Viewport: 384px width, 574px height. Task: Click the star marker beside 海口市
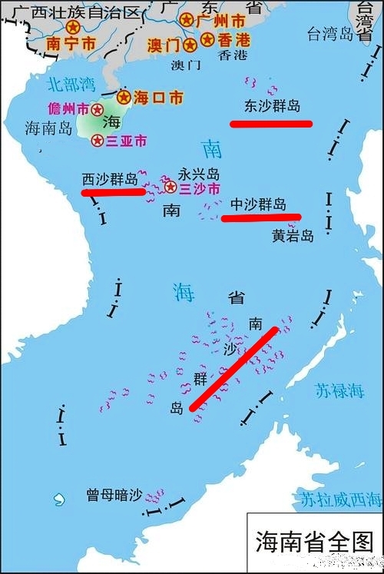pyautogui.click(x=124, y=97)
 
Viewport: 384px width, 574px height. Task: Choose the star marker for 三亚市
pyautogui.click(x=98, y=141)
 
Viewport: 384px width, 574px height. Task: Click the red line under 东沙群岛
pyautogui.click(x=272, y=123)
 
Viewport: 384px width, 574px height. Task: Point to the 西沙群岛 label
pyautogui.click(x=110, y=179)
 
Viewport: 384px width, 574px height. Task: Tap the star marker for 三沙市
pyautogui.click(x=170, y=187)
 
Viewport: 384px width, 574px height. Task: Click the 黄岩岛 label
pyautogui.click(x=293, y=236)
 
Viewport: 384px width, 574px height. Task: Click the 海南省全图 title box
pyautogui.click(x=313, y=542)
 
